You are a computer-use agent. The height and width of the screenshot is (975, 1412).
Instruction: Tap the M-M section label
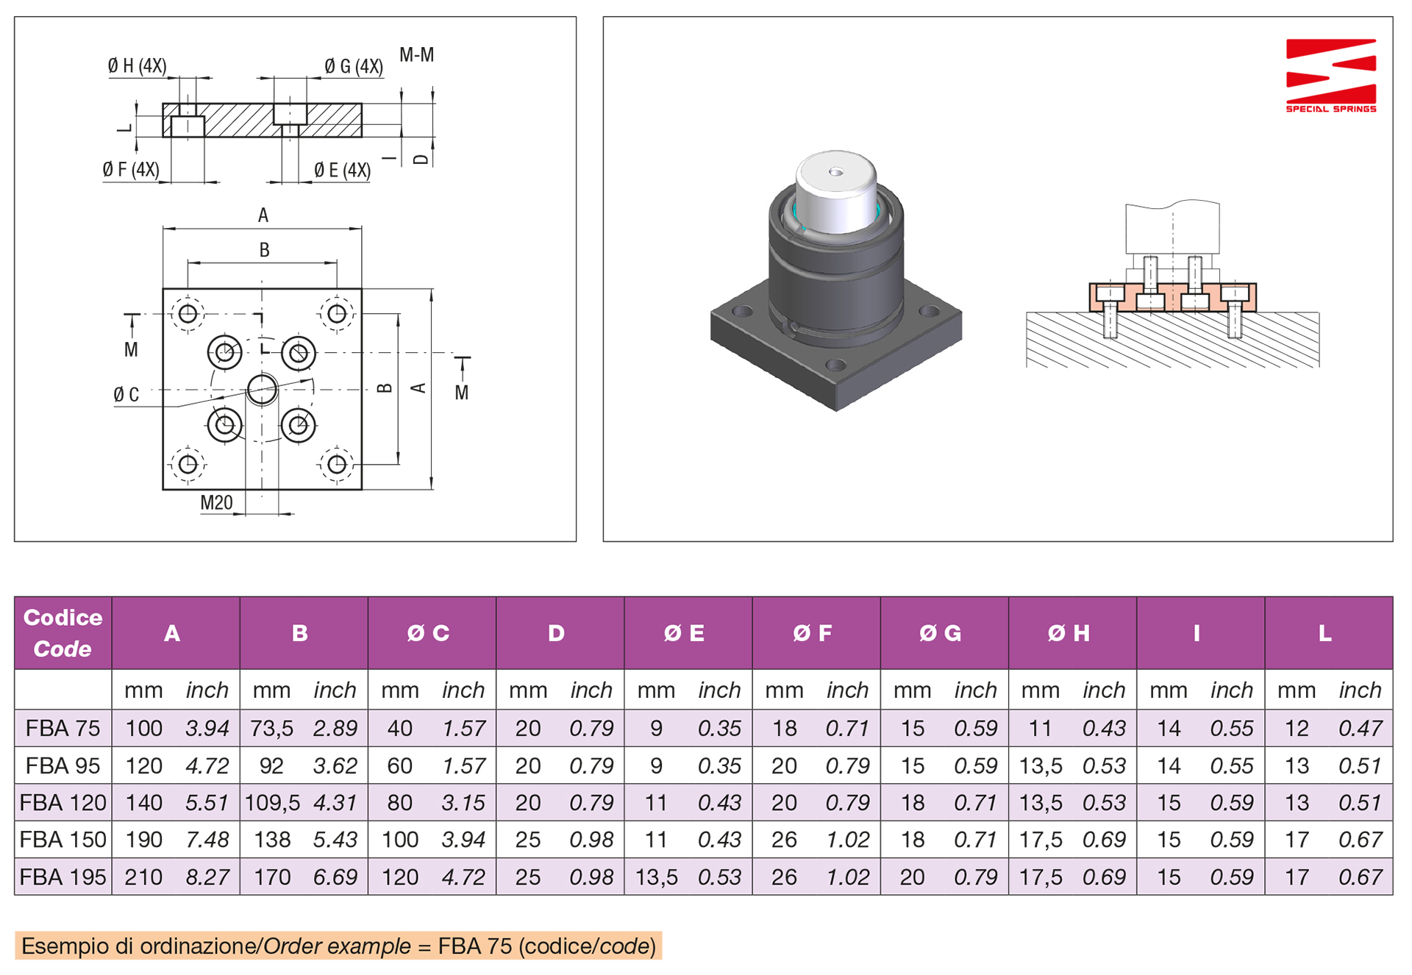pyautogui.click(x=416, y=55)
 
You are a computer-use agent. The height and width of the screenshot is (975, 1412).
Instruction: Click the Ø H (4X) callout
pyautogui.click(x=137, y=66)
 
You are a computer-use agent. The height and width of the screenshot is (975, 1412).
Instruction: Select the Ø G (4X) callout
pyautogui.click(x=354, y=67)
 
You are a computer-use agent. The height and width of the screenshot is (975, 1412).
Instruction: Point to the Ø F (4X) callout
pyautogui.click(x=131, y=170)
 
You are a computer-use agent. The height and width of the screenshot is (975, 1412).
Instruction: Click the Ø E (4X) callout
pyautogui.click(x=342, y=171)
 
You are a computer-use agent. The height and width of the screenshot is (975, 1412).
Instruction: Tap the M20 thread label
pyautogui.click(x=216, y=503)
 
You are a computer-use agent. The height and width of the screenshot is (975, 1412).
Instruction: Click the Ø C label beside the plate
pyautogui.click(x=126, y=395)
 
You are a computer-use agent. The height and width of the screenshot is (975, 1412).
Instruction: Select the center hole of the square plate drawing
pyautogui.click(x=262, y=390)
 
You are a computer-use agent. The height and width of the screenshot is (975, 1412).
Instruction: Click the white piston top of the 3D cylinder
pyautogui.click(x=836, y=190)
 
